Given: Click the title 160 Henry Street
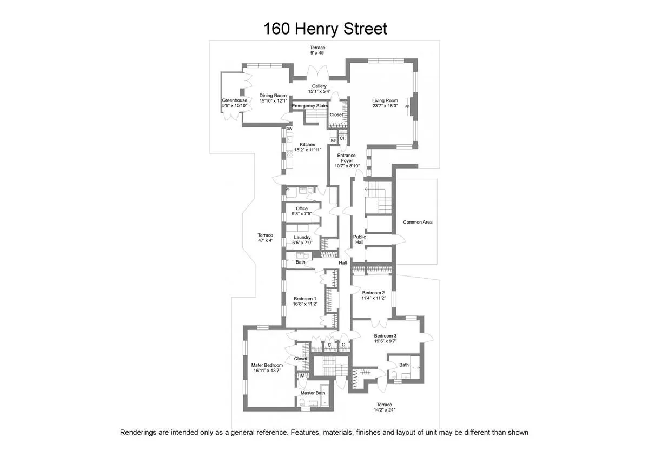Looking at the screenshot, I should point(325,29).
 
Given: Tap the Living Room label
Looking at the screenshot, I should point(385,100).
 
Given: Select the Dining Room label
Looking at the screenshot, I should point(273,96).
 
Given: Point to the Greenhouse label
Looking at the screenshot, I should point(235,100).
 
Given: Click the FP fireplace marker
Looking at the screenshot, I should point(407,107).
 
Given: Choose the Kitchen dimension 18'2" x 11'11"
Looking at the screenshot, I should point(307,150).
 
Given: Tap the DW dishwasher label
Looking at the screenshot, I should point(289,129).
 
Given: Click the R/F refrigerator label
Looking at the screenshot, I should point(333,140).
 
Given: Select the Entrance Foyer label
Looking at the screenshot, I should point(346,158).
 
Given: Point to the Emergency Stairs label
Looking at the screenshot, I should point(310,106).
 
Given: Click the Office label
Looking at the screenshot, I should point(302,208).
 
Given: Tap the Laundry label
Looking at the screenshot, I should point(302,238).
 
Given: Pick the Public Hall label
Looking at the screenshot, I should point(359,239).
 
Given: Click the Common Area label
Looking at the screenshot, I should point(418,222).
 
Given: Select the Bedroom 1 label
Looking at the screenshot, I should point(305,299).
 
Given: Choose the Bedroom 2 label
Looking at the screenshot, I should point(373,293).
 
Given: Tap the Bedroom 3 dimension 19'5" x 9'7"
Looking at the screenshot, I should point(385,341).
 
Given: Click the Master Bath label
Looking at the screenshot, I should point(313,393).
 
